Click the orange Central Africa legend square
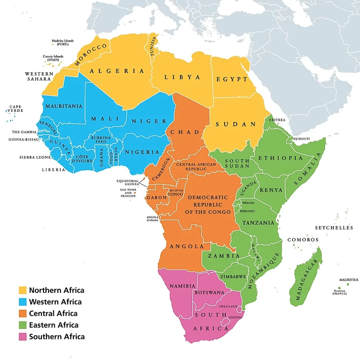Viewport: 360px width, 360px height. click(22, 313)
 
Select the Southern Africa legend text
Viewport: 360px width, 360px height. click(57, 336)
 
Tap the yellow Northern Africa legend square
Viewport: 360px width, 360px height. click(22, 290)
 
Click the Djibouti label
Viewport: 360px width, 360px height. click(301, 139)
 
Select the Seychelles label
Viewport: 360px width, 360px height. click(334, 228)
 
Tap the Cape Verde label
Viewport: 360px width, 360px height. click(15, 109)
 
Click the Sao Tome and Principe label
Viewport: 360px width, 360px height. click(128, 193)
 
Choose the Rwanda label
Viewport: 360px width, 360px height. click(248, 203)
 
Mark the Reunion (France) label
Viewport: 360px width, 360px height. click(340, 292)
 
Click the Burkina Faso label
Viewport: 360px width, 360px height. click(101, 139)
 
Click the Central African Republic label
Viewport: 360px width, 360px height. click(191, 167)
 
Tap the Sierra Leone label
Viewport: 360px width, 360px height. click(35, 157)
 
